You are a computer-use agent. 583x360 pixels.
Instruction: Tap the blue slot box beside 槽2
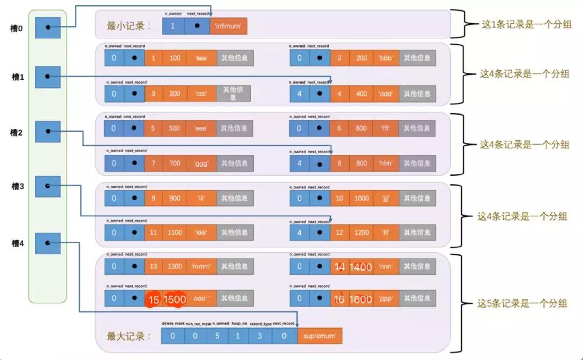pos(48,132)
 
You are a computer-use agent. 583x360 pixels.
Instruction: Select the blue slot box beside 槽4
pos(48,243)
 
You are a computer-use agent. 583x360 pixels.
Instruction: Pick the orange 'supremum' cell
pos(320,336)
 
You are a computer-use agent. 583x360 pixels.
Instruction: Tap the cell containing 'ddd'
pos(385,93)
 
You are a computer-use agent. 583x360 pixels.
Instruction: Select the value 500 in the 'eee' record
pos(174,128)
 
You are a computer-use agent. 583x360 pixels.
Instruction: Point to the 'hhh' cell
pos(385,163)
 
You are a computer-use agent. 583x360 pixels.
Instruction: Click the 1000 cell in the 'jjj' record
pos(362,198)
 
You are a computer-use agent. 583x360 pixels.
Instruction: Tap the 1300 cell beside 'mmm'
pos(174,266)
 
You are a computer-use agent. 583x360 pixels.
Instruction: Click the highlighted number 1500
pos(174,298)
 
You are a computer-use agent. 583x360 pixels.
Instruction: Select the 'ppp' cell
pos(385,298)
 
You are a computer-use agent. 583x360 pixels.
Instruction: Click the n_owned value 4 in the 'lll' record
pos(299,233)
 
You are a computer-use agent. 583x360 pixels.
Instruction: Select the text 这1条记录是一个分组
pos(526,25)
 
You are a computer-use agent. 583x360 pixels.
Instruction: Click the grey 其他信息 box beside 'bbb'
pos(417,58)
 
